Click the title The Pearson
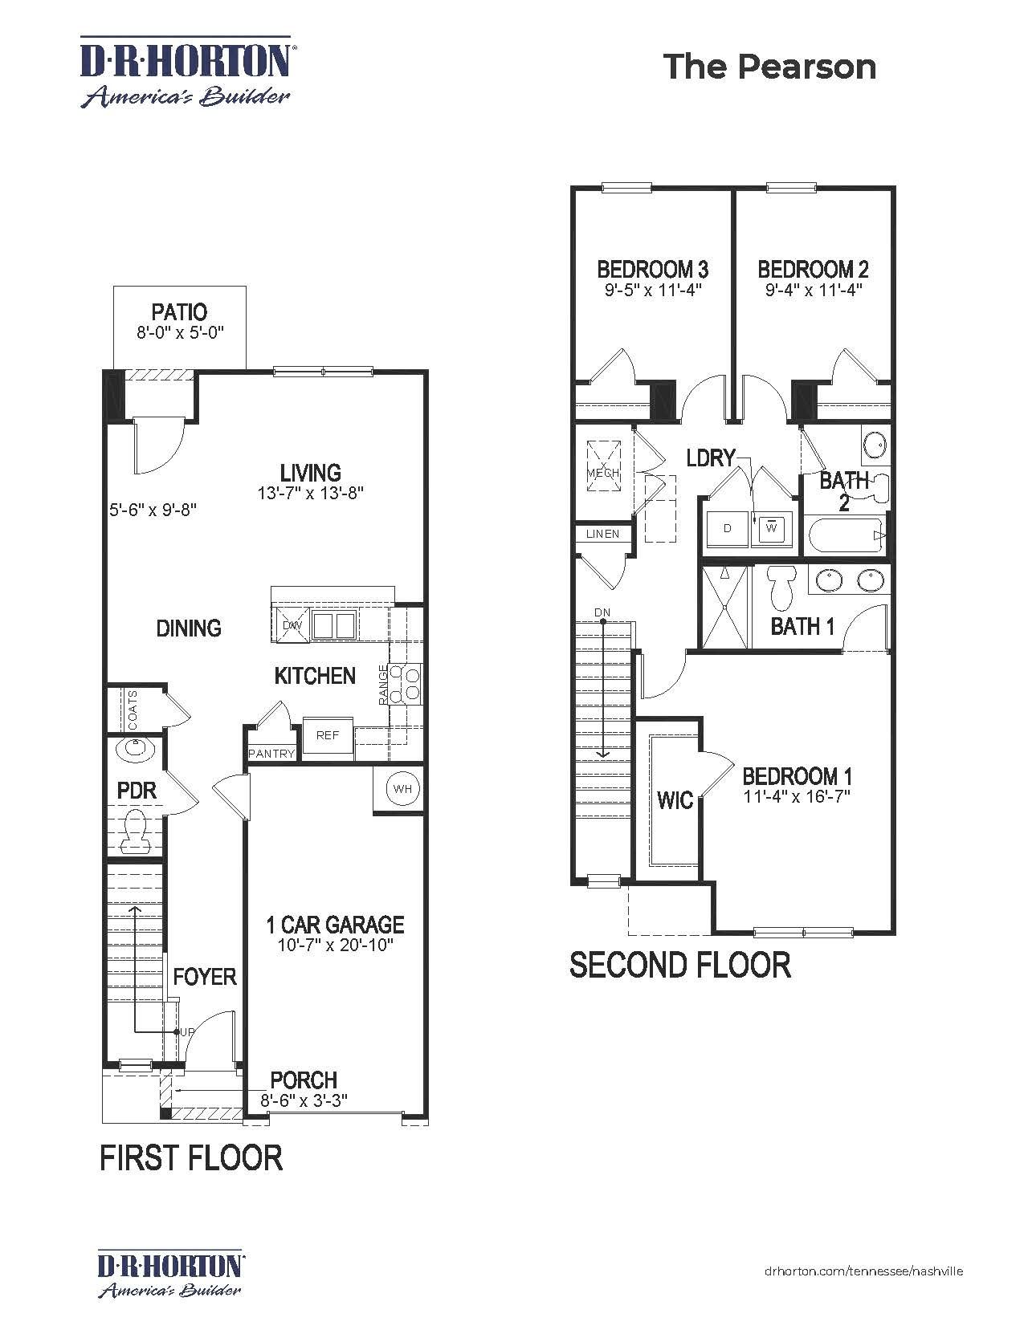(x=769, y=67)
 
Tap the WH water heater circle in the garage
(x=402, y=789)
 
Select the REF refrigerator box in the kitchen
(x=328, y=735)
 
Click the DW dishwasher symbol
(x=291, y=624)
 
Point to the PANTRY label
(x=271, y=754)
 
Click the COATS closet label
(x=133, y=710)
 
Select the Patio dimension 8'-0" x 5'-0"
(x=179, y=332)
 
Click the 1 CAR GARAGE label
(x=335, y=925)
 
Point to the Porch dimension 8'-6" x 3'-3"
(x=304, y=1100)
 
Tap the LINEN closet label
(x=602, y=534)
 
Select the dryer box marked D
(x=728, y=528)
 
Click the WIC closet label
(x=675, y=800)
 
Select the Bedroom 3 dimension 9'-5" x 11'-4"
(x=653, y=290)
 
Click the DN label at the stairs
(x=602, y=612)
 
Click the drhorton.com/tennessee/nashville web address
(x=863, y=1271)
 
